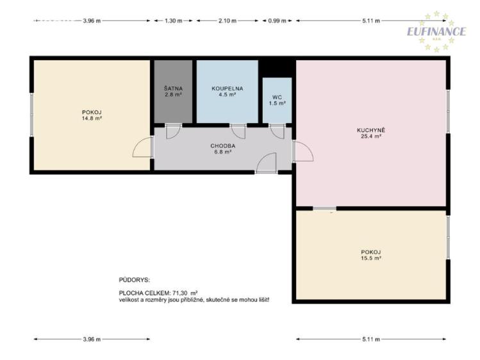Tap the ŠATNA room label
173,88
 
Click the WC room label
277,97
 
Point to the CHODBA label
223,146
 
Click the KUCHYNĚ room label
370,130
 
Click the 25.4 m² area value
371,136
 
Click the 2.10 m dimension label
228,20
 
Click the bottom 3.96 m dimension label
92,339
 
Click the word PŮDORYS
134,280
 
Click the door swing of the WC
277,133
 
